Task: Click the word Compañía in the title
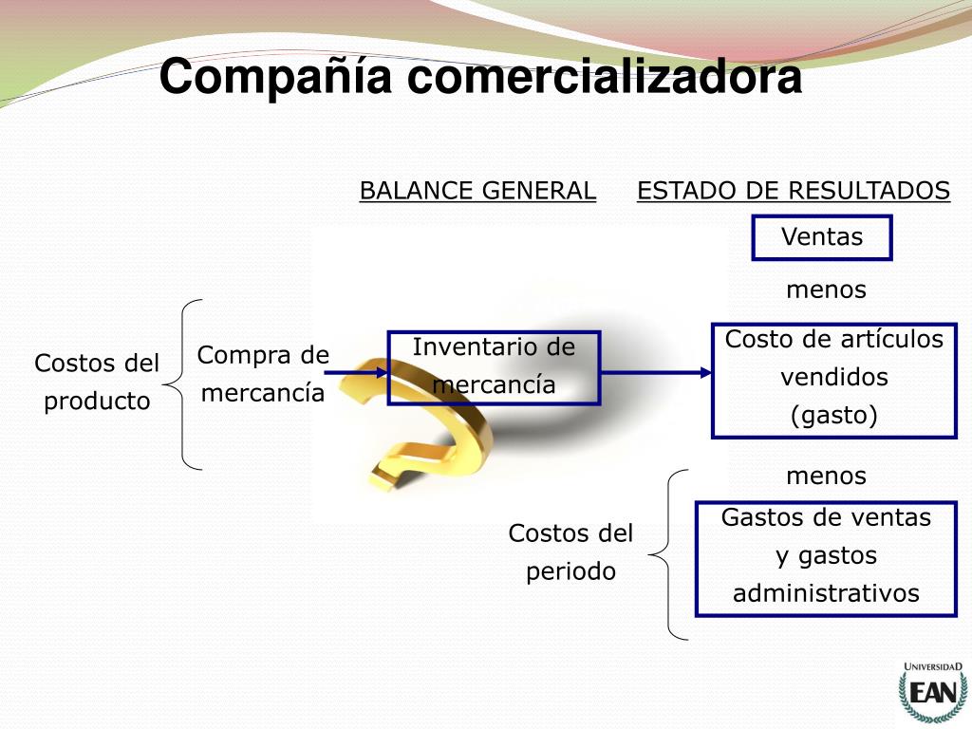click(x=274, y=77)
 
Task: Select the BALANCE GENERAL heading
click(x=477, y=191)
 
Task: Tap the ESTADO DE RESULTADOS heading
click(x=794, y=191)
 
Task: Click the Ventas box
click(x=822, y=237)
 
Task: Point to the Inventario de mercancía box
click(x=494, y=367)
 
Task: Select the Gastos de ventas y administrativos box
click(x=826, y=557)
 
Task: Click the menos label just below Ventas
click(x=826, y=290)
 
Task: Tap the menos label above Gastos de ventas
click(x=826, y=475)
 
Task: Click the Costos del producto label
click(x=97, y=382)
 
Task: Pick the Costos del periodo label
click(x=570, y=552)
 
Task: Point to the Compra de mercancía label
click(x=263, y=374)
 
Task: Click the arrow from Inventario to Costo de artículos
click(x=655, y=373)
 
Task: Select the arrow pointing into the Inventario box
click(x=356, y=373)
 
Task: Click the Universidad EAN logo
click(x=932, y=690)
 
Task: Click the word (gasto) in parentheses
click(x=834, y=415)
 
